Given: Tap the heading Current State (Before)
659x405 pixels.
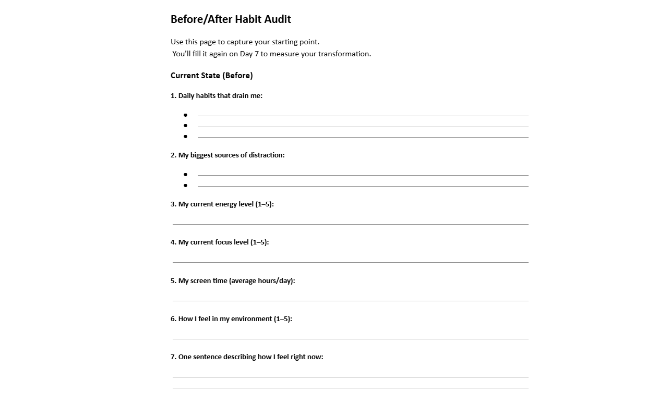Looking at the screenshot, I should [x=211, y=76].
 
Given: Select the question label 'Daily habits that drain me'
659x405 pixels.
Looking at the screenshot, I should [x=220, y=96].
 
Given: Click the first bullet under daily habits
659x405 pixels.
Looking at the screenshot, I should [x=185, y=115].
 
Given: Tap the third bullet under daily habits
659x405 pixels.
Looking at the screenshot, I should [x=185, y=137].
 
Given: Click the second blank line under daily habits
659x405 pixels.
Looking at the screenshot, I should [x=363, y=127].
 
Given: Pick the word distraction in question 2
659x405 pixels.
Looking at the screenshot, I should [x=266, y=155].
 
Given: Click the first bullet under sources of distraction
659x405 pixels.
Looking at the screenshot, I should [x=185, y=175].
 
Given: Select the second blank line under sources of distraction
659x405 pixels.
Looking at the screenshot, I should [x=363, y=186].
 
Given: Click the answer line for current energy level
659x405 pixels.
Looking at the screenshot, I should [x=350, y=224].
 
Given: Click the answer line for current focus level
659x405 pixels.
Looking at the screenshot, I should [x=350, y=262].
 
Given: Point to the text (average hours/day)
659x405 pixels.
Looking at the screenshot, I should [x=262, y=281].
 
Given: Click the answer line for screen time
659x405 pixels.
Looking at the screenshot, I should [x=350, y=301].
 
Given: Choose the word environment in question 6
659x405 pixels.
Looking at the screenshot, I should [x=251, y=319].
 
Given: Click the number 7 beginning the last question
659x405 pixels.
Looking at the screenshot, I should [x=173, y=357].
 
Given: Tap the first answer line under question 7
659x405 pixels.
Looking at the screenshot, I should [x=350, y=377].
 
